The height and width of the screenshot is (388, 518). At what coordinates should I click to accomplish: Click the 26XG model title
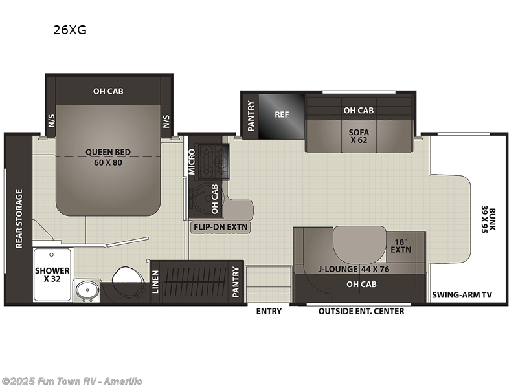click(70, 30)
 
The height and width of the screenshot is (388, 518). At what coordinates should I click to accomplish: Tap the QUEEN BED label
click(108, 152)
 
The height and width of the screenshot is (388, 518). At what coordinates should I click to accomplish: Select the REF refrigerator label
click(282, 114)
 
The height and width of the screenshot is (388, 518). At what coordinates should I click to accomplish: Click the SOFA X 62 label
click(359, 136)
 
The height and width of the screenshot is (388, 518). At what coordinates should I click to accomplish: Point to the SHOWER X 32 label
click(52, 275)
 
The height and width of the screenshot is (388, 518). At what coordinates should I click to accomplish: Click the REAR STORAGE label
click(19, 219)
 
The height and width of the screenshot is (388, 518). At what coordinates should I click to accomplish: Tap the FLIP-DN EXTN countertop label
click(220, 227)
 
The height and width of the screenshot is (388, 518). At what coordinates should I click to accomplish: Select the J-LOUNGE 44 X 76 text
click(354, 269)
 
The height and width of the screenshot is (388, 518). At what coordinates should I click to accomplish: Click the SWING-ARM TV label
click(462, 295)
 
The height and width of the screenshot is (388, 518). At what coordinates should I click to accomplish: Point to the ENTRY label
click(269, 311)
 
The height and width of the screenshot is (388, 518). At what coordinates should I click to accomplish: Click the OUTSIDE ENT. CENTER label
click(361, 311)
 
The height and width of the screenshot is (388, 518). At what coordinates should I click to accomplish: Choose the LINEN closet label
click(155, 281)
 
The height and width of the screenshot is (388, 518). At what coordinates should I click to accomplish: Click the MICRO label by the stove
click(192, 162)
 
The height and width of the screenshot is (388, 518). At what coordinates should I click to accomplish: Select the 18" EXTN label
click(401, 246)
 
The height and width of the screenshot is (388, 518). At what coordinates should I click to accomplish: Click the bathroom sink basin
click(87, 290)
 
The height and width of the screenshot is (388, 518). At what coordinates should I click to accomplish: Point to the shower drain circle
click(52, 255)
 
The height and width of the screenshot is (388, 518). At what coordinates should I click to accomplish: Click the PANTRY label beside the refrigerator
click(251, 116)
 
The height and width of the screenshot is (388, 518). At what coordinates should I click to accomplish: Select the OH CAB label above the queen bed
click(108, 91)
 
